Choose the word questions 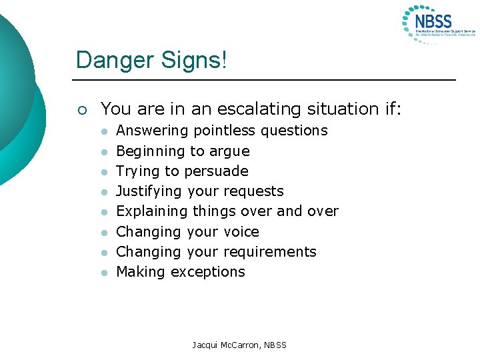(294, 131)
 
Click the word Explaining (152, 212)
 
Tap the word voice (241, 232)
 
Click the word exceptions (208, 272)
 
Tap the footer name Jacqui (206, 345)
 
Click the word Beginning (150, 151)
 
